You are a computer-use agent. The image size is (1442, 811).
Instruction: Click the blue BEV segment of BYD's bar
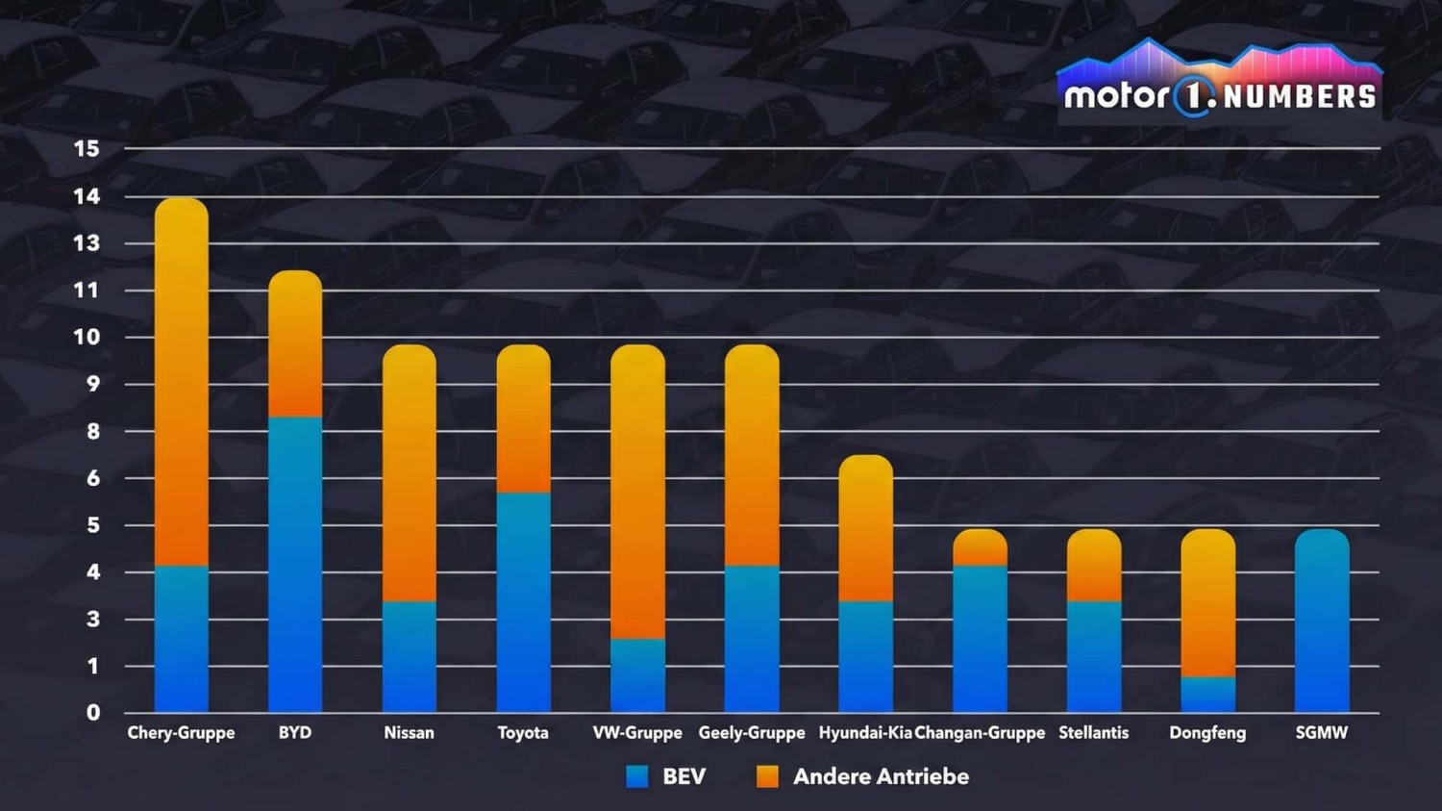pyautogui.click(x=295, y=564)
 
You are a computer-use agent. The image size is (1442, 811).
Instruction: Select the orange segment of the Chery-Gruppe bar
pyautogui.click(x=182, y=382)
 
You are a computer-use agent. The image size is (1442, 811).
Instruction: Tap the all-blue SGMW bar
pyautogui.click(x=1322, y=621)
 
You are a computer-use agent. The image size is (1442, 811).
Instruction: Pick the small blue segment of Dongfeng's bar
pyautogui.click(x=1208, y=694)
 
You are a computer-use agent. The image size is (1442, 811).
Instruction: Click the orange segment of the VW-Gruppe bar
pyautogui.click(x=637, y=492)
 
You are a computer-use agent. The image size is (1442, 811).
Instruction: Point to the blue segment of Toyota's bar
pyautogui.click(x=524, y=601)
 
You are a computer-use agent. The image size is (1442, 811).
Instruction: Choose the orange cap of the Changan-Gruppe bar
pyautogui.click(x=981, y=547)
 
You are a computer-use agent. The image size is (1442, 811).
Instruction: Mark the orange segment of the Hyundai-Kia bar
pyautogui.click(x=866, y=528)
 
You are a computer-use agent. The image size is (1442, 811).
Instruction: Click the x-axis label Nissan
pyautogui.click(x=409, y=733)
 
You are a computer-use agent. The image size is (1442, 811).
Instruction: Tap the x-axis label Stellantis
pyautogui.click(x=1093, y=733)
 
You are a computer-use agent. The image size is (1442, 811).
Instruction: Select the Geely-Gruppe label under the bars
pyautogui.click(x=752, y=733)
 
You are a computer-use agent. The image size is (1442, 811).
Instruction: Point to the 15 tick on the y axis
pyautogui.click(x=87, y=149)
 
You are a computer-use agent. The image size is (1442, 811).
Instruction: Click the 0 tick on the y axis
pyautogui.click(x=93, y=713)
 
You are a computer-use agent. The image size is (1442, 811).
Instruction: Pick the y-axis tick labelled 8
pyautogui.click(x=93, y=431)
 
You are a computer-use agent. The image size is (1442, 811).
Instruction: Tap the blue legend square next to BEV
pyautogui.click(x=636, y=776)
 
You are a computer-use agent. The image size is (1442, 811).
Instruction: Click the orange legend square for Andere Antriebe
pyautogui.click(x=767, y=776)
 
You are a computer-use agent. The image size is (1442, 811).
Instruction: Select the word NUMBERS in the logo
pyautogui.click(x=1300, y=97)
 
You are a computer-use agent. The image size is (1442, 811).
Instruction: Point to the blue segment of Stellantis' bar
pyautogui.click(x=1094, y=656)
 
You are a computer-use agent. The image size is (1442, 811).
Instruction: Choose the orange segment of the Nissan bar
pyautogui.click(x=410, y=473)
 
